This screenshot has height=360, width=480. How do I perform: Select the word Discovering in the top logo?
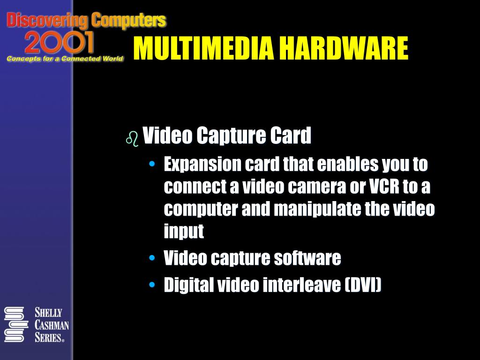pos(47,20)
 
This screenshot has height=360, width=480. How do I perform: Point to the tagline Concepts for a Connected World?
pos(65,59)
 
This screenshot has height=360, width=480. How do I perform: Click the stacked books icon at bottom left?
pos(14,324)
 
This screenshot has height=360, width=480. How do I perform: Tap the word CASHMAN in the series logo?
pos(52,325)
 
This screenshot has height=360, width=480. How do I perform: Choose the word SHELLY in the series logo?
pos(48,313)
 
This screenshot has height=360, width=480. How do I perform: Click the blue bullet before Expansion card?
pos(151,165)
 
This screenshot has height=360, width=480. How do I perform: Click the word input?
pos(184,231)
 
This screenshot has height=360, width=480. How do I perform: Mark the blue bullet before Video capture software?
pos(151,258)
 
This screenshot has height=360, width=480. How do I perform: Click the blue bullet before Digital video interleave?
pos(151,285)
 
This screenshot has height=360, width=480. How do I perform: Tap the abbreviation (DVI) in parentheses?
pos(363,285)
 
